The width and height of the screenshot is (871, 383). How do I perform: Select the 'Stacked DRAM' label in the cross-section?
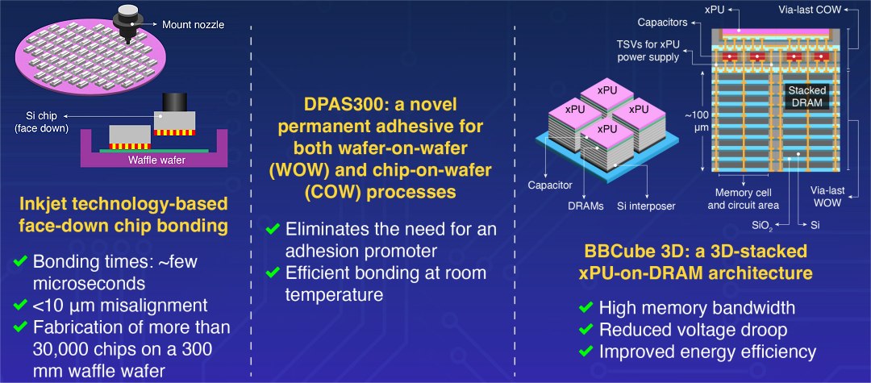pos(806,97)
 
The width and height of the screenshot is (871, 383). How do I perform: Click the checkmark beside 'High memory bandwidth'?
pos(586,308)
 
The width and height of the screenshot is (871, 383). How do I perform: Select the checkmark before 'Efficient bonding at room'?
pos(274,273)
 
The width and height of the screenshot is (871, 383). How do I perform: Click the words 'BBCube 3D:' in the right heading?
pos(625,252)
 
